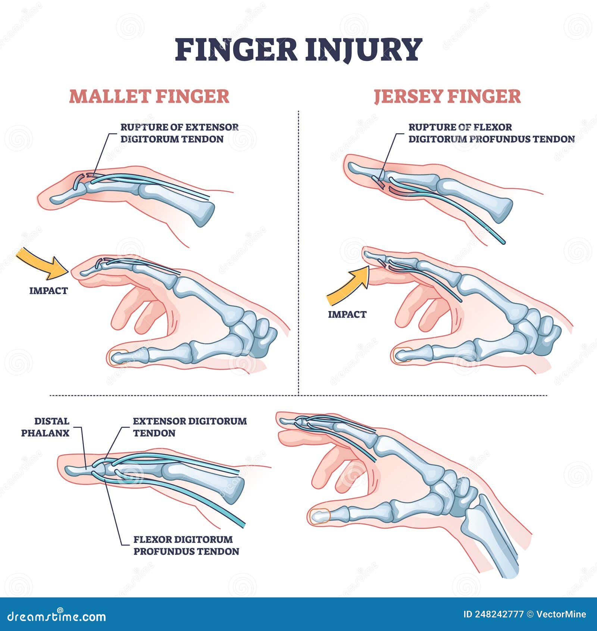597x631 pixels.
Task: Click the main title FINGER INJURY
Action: click(298, 50)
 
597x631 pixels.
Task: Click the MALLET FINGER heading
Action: click(149, 96)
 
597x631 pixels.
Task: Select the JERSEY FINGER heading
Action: click(447, 96)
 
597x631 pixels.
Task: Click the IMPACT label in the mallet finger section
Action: click(49, 291)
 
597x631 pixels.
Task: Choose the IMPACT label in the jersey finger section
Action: click(347, 314)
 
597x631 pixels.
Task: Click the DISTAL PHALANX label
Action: click(46, 427)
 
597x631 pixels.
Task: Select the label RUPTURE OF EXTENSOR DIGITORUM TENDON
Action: click(179, 133)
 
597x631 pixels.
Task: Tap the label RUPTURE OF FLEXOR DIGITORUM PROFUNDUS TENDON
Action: click(491, 133)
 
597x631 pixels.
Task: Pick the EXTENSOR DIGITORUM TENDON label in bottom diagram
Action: click(190, 427)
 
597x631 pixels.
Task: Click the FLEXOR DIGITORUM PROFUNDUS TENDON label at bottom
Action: click(186, 545)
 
